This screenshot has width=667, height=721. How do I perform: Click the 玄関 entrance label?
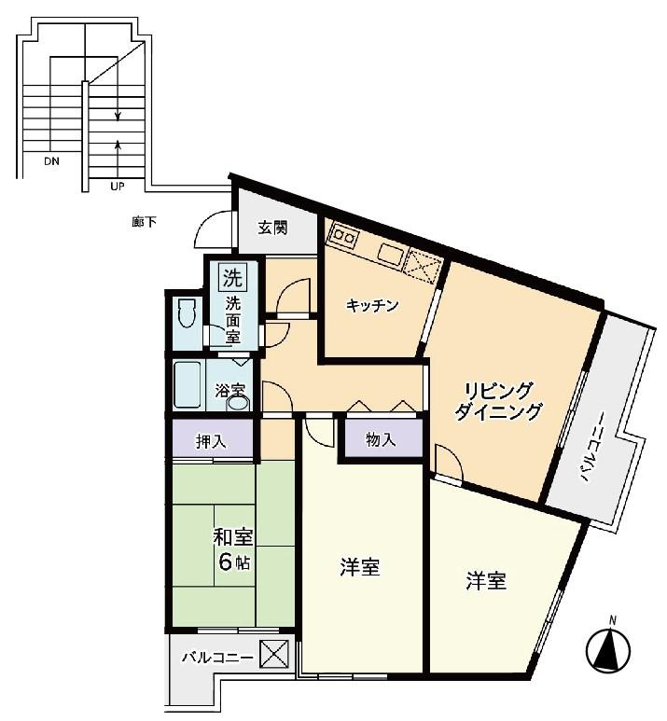272,228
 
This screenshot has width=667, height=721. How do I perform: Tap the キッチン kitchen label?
371,305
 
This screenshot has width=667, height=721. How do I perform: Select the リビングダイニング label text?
498,401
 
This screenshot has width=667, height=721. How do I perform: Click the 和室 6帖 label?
233,549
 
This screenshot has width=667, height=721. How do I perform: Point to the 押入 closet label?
211,441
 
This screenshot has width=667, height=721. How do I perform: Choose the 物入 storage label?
381,439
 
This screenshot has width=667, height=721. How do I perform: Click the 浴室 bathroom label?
229,391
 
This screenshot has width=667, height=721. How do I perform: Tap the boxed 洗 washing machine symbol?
232,277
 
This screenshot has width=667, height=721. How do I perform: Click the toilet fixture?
187,312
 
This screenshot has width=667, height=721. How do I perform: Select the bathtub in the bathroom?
188,384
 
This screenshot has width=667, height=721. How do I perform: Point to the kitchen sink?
391,257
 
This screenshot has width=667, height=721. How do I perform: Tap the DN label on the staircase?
51,162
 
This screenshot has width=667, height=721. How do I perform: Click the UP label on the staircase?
118,187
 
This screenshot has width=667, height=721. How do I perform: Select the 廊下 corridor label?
144,223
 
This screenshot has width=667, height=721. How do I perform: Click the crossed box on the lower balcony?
274,654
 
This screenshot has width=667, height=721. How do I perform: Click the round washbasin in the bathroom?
238,404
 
